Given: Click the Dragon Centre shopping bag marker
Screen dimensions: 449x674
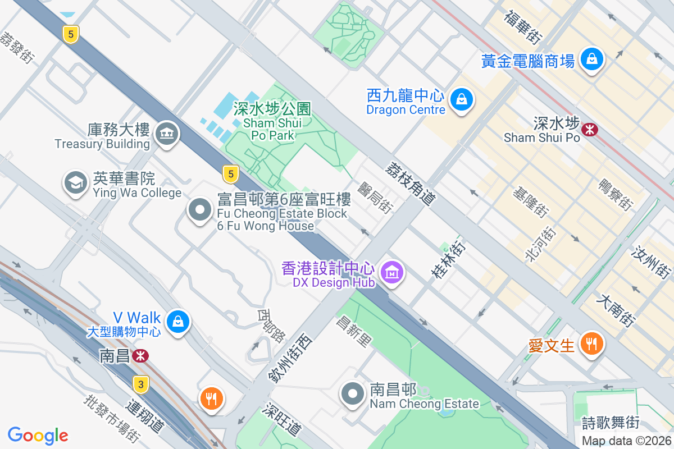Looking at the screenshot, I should pyautogui.click(x=461, y=100).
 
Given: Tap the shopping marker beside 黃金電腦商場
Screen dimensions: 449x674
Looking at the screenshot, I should pyautogui.click(x=591, y=58).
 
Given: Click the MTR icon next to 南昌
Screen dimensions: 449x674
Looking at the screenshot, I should pyautogui.click(x=140, y=355).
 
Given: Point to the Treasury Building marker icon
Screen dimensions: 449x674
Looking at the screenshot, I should pyautogui.click(x=166, y=134).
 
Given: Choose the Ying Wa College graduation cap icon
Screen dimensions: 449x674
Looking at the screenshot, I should pyautogui.click(x=75, y=182).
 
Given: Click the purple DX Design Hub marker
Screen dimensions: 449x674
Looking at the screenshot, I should pyautogui.click(x=393, y=272).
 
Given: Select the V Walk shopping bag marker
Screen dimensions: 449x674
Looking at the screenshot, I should pyautogui.click(x=178, y=321).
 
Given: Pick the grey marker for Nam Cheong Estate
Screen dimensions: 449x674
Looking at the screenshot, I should pyautogui.click(x=353, y=393).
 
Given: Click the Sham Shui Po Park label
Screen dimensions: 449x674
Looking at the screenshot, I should pyautogui.click(x=273, y=121).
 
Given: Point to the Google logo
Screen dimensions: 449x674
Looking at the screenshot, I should pyautogui.click(x=38, y=435).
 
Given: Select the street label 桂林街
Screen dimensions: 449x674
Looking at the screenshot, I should pyautogui.click(x=448, y=259).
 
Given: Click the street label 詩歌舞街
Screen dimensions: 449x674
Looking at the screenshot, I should pyautogui.click(x=611, y=421).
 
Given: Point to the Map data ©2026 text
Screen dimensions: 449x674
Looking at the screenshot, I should pyautogui.click(x=626, y=441).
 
